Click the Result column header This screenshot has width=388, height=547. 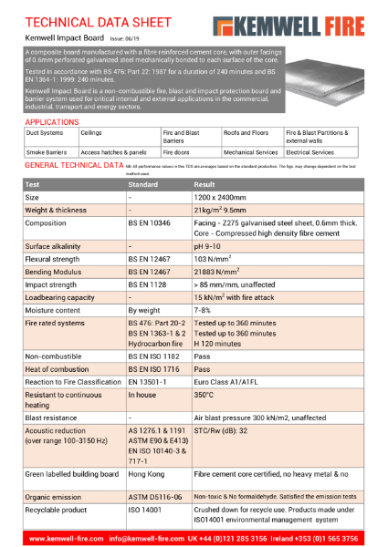203,184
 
